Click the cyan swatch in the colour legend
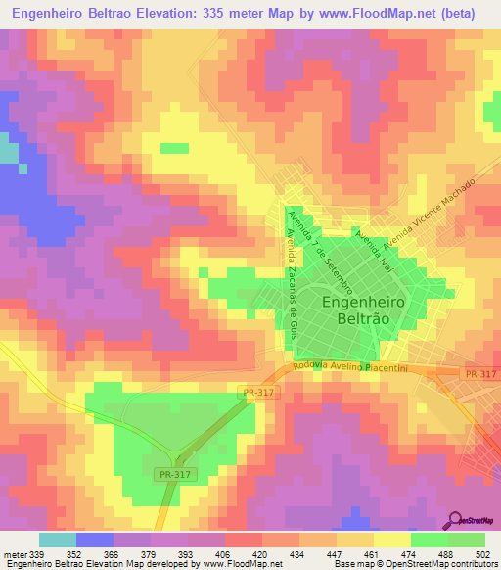[x=57, y=540]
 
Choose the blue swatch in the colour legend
[x=94, y=540]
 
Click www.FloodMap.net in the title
[x=382, y=14]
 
